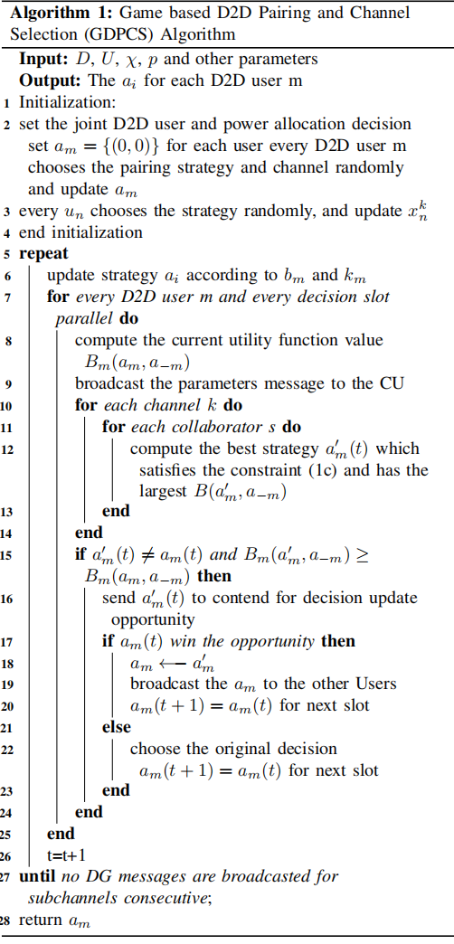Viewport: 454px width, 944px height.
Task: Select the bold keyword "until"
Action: [x=38, y=876]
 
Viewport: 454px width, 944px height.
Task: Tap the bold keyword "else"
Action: [x=116, y=727]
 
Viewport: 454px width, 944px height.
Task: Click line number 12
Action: [x=8, y=449]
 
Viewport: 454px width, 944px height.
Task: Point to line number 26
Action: [x=8, y=855]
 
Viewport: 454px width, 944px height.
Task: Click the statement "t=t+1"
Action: [x=61, y=855]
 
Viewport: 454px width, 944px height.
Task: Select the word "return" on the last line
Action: [x=41, y=920]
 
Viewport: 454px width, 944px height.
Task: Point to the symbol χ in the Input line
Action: [x=119, y=61]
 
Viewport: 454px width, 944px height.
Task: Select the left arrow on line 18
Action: [x=174, y=664]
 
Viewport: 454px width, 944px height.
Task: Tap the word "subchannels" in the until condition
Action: [x=73, y=898]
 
